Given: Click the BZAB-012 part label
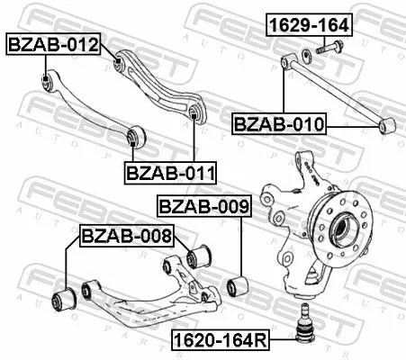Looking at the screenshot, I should [x=53, y=43].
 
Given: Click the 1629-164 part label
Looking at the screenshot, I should [x=308, y=25].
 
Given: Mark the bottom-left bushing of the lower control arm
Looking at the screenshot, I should [x=66, y=298].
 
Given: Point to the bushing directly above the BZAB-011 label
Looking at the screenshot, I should [x=135, y=136].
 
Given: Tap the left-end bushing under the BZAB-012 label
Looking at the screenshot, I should [x=46, y=84].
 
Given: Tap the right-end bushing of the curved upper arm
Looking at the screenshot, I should [x=194, y=112].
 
